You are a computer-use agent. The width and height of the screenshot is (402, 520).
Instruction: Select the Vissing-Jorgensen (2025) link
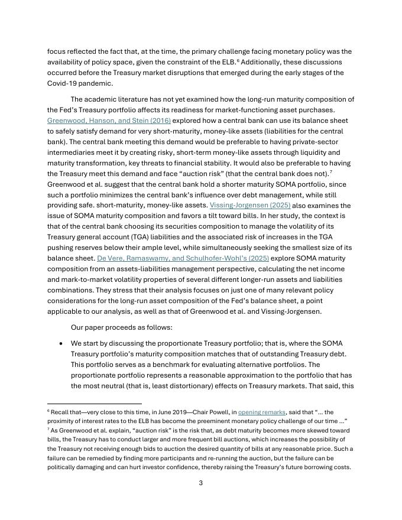coord(249,206)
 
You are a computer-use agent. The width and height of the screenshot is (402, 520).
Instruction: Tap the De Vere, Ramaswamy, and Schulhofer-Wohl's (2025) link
coord(183,258)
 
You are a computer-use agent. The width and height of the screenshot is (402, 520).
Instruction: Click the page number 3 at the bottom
coord(200,483)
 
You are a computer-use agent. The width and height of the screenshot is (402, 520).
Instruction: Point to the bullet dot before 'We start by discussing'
coord(61,343)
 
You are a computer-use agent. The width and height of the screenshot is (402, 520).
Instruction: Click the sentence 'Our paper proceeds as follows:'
coord(121,327)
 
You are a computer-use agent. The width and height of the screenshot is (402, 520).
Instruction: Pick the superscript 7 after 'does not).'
coord(330,171)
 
